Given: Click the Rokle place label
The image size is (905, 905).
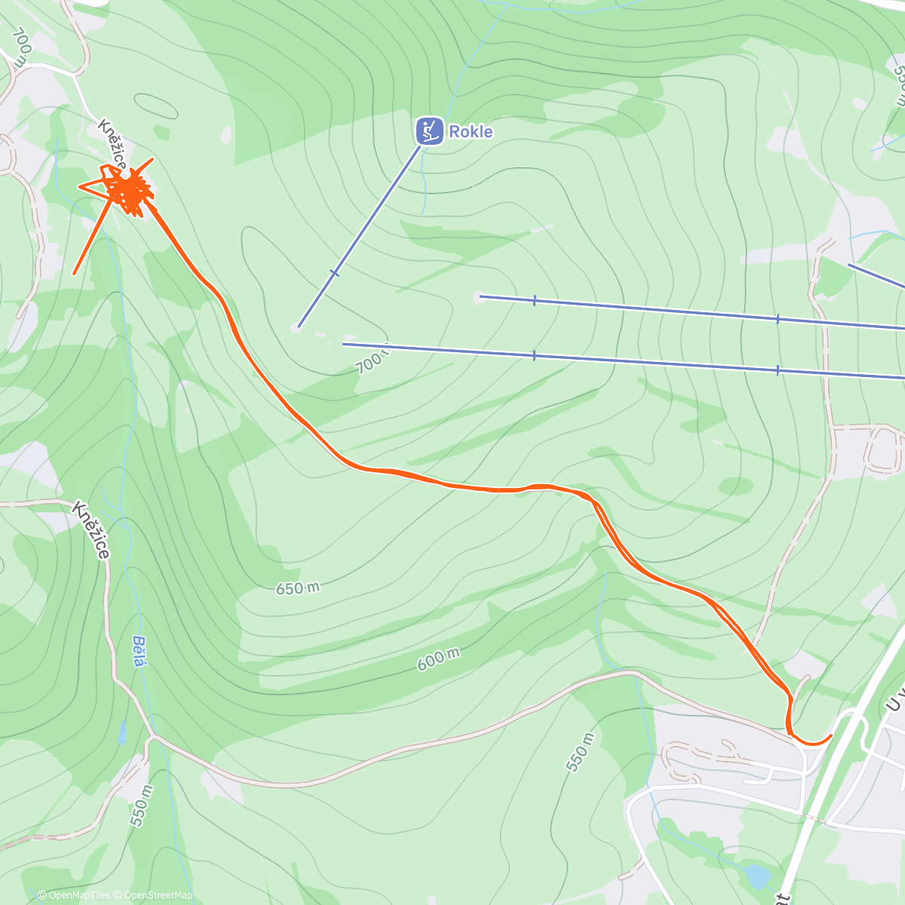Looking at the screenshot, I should coord(471,132).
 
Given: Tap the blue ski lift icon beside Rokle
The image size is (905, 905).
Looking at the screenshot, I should coord(429,131).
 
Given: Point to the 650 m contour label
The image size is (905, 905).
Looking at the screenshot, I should coord(297,588).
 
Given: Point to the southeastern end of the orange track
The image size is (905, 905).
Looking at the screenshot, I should coord(830,735).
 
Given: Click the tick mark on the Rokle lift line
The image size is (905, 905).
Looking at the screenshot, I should coord(335,273).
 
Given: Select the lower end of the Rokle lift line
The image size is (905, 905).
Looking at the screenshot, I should coord(299,327).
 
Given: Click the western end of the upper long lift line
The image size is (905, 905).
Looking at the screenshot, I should coord(480,296).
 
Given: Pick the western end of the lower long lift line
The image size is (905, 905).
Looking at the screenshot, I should coord(343,344).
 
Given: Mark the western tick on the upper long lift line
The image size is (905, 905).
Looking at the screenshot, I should coord(534,300).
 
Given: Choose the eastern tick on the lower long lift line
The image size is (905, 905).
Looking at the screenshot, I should coord(778,370).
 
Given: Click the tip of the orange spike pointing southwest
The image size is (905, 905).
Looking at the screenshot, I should coord(74,274).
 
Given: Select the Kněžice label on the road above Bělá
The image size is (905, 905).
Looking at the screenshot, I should coord(91,530).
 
